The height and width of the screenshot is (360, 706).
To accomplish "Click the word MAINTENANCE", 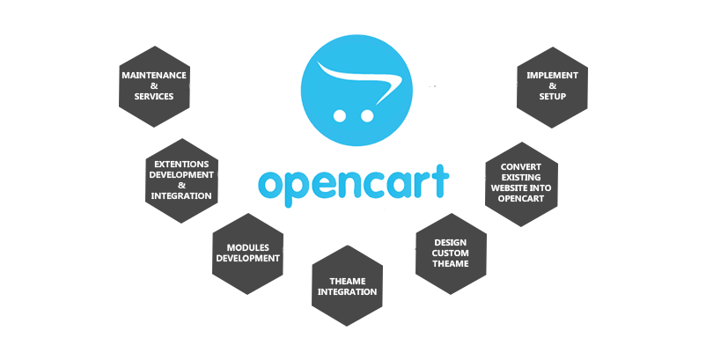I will coord(154,76).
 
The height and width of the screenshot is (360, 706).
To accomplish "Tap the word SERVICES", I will coord(154,97).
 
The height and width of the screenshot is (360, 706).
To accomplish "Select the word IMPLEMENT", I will coord(552,76).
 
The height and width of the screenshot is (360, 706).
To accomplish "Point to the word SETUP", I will coord(552,97).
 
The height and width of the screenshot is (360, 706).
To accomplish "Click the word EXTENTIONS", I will coord(181,164).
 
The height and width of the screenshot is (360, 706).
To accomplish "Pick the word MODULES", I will coord(247,247).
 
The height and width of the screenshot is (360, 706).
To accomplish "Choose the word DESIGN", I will coord(450,242).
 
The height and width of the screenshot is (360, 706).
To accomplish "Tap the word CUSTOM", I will coord(450,253).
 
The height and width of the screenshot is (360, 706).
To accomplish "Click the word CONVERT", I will coord(520,166).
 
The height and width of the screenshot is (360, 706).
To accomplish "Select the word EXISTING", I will coord(520,177).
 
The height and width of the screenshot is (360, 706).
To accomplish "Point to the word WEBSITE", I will coord(509,187).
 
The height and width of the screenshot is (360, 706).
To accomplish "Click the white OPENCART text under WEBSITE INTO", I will coord(520,198).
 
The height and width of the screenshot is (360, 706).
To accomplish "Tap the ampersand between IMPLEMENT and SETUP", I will coord(552,86).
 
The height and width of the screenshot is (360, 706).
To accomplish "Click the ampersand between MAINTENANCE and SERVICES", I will coord(154,86).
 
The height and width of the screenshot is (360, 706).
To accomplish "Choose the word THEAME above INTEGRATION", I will coord(347,281).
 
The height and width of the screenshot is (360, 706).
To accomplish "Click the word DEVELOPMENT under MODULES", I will coord(247,258).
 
